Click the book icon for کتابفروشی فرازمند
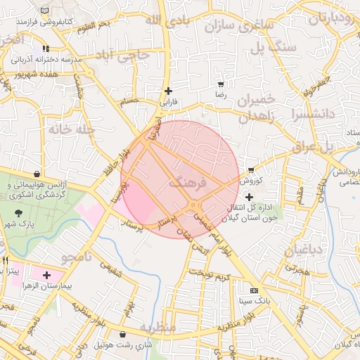46,11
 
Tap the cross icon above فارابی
168,91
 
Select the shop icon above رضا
221,84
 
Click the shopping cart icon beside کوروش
251,170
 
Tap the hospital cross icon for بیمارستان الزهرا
47,275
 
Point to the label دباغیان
304,249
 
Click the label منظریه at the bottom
155,328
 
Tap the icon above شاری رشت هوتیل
124,335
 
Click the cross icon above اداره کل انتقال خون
249,197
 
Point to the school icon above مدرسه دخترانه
46,49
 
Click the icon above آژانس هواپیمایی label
37,174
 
